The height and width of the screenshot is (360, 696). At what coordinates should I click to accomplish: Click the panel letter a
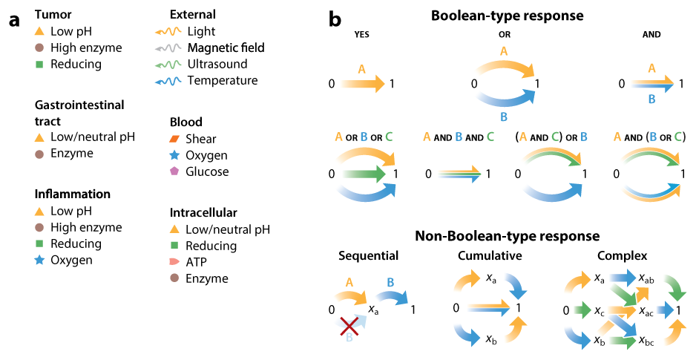14,20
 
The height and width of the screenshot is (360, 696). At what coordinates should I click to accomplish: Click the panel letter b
335,20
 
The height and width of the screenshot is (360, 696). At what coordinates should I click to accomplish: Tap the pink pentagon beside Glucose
175,171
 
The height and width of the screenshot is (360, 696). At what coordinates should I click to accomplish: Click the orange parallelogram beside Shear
175,139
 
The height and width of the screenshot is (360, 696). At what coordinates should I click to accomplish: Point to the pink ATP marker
175,262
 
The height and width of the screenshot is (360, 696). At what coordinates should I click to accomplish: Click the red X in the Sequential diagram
347,326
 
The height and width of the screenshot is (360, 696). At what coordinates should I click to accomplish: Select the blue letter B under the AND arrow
651,97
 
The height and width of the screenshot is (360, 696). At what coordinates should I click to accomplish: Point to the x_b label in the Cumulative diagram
491,339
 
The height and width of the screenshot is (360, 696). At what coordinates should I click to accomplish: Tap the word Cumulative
490,255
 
